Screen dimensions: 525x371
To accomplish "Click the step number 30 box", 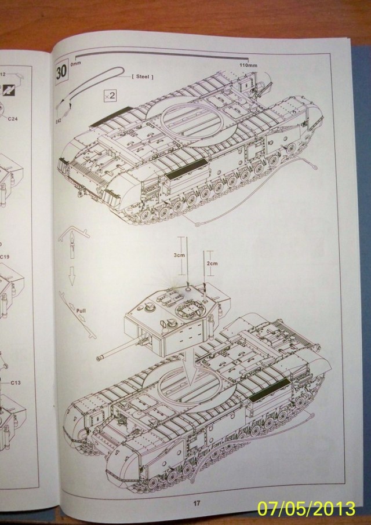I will click(x=61, y=74).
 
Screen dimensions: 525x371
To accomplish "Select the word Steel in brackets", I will click(x=146, y=76).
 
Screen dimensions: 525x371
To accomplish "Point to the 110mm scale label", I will click(x=248, y=65).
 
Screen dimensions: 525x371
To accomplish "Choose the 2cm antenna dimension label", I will click(x=213, y=263).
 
